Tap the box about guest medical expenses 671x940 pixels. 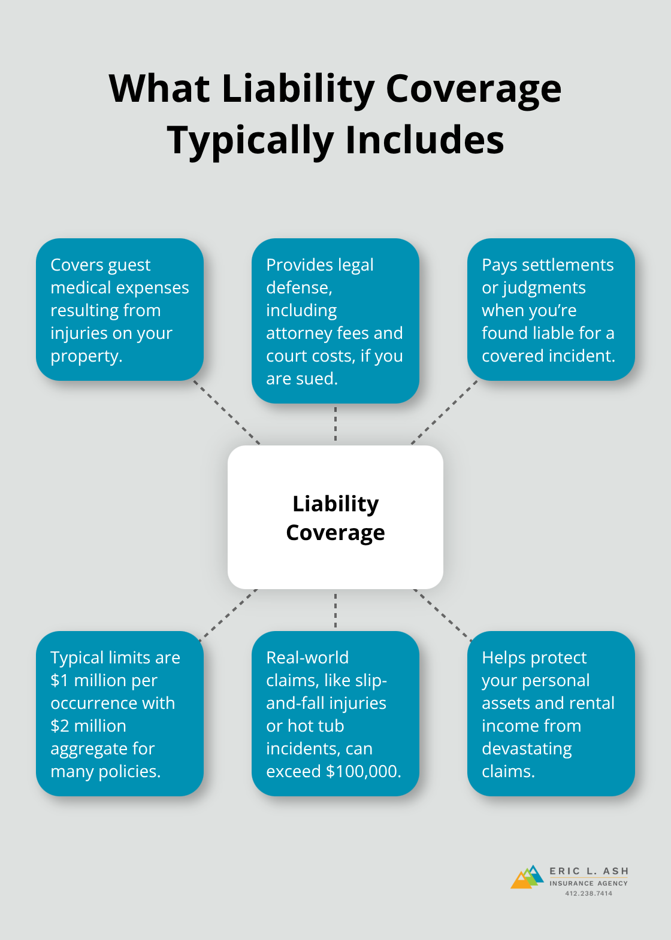[x=120, y=310]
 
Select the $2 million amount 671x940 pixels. [x=88, y=726]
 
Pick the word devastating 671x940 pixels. [x=527, y=749]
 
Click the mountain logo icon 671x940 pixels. [x=527, y=877]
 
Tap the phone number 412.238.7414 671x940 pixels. [x=588, y=893]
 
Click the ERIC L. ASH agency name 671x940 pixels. [x=588, y=871]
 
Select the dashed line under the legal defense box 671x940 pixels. [x=335, y=424]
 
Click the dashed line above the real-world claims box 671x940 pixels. [x=335, y=611]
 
